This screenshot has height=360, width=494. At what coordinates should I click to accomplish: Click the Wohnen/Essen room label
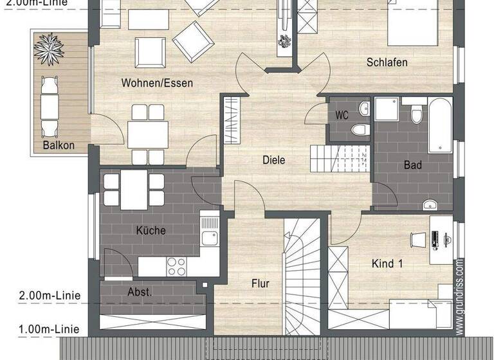[157, 83]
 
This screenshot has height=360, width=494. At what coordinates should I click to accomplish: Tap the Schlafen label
[387, 62]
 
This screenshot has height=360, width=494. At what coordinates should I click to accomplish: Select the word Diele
[274, 160]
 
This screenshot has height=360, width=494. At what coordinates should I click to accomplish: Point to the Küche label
[151, 230]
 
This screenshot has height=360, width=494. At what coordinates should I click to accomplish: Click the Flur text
[260, 283]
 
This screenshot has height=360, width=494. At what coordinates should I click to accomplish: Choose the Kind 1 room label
[387, 263]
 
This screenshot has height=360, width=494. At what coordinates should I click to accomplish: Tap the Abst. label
[140, 291]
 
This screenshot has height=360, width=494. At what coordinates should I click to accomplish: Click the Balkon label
[59, 145]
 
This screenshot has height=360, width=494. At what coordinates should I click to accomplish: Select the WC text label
[342, 116]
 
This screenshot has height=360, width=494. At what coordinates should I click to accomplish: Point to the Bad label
[412, 165]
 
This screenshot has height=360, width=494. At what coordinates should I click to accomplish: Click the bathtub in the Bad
[441, 125]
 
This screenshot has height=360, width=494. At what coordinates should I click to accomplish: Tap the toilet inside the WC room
[360, 130]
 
